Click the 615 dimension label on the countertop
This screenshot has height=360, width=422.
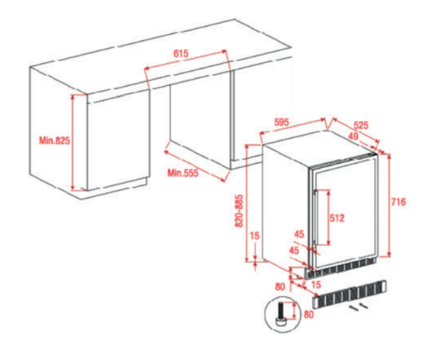pyautogui.click(x=181, y=54)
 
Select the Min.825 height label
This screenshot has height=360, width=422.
pyautogui.click(x=55, y=141)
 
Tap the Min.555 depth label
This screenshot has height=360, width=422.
pyautogui.click(x=183, y=173)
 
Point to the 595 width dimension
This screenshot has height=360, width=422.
pyautogui.click(x=281, y=122)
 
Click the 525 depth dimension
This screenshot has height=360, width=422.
pyautogui.click(x=361, y=126)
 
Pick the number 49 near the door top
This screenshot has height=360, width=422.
pyautogui.click(x=353, y=137)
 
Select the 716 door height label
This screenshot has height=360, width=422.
pyautogui.click(x=399, y=202)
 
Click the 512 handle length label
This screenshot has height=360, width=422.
pyautogui.click(x=337, y=218)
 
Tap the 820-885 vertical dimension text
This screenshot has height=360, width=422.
pyautogui.click(x=239, y=211)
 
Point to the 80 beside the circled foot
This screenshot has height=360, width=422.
pyautogui.click(x=309, y=314)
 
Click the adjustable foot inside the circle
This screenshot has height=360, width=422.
pyautogui.click(x=281, y=314)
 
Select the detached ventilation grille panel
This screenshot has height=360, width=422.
pyautogui.click(x=349, y=295)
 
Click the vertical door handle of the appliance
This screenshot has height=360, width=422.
pyautogui.click(x=316, y=218)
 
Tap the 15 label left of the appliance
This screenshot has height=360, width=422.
pyautogui.click(x=255, y=236)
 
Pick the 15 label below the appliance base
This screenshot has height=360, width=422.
pyautogui.click(x=316, y=285)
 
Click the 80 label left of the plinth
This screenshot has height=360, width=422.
pyautogui.click(x=280, y=286)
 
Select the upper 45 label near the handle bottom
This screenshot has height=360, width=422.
pyautogui.click(x=299, y=234)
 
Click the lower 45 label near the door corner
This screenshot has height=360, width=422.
pyautogui.click(x=294, y=250)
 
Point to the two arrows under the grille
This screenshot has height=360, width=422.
pyautogui.click(x=357, y=307)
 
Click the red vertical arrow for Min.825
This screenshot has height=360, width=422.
pyautogui.click(x=73, y=142)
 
